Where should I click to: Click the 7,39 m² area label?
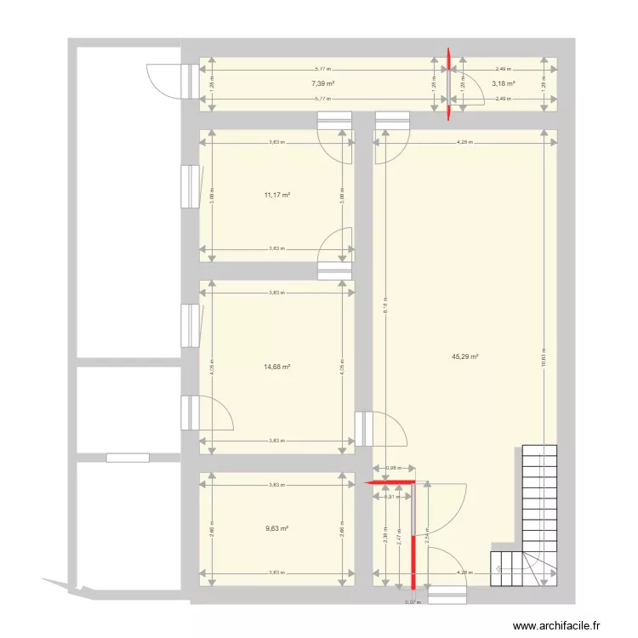click(x=322, y=83)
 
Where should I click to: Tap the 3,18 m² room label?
click(x=504, y=83)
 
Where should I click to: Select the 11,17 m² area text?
click(x=277, y=195)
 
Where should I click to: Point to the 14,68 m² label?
click(x=277, y=367)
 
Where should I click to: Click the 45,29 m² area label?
click(x=465, y=357)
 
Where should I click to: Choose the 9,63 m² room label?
click(x=277, y=527)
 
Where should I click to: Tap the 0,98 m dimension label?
click(x=393, y=467)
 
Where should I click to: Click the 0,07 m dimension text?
click(x=413, y=602)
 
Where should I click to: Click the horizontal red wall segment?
click(x=390, y=482)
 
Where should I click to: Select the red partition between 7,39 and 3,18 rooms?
click(x=448, y=83)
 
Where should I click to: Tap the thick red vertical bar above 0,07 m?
click(x=414, y=561)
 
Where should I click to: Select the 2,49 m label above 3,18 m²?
click(x=503, y=69)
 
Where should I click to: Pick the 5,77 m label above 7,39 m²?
click(x=322, y=69)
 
